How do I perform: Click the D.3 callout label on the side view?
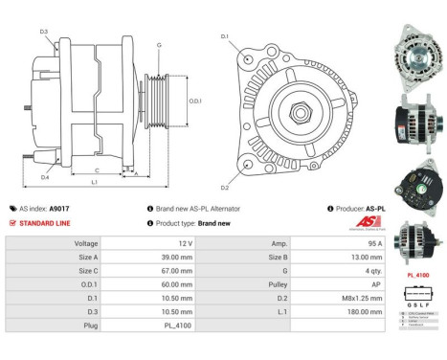tap(44, 32)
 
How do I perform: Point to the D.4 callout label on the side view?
tap(46, 176)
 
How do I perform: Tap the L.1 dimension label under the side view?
tap(94, 181)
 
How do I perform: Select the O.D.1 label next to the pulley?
tap(195, 101)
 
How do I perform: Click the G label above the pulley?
tap(159, 45)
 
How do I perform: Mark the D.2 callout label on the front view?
tap(226, 188)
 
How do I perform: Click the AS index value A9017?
tap(60, 208)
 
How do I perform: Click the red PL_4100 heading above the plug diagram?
tap(417, 274)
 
